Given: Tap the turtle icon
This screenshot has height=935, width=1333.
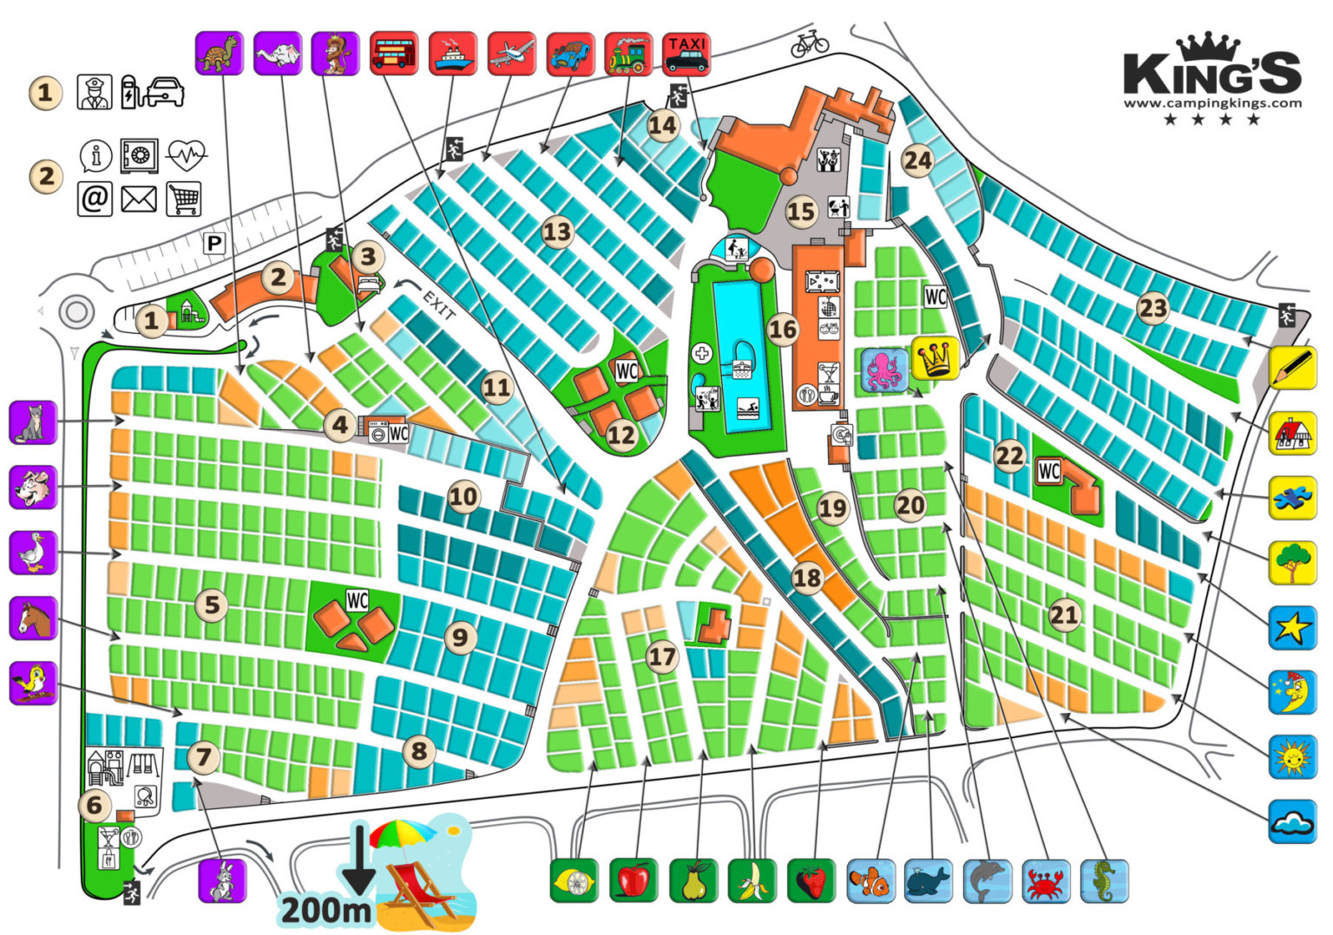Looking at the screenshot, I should [219, 54].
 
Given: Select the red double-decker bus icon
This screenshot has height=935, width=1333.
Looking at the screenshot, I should [394, 54].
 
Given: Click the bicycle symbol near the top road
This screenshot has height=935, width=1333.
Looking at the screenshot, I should [809, 43].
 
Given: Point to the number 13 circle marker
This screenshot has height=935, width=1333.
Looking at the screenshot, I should [557, 232].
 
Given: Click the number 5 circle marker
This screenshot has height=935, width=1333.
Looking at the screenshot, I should [212, 605].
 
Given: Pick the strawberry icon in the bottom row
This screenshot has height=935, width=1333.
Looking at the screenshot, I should [811, 880].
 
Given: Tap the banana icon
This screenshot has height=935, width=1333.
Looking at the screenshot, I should [752, 880].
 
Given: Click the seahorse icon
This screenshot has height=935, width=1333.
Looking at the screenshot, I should [1105, 880].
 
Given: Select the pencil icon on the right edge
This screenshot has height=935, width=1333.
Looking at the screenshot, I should [1292, 367].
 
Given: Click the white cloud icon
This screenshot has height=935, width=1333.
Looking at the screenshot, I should [1292, 821].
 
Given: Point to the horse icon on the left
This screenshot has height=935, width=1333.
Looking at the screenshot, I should [33, 618].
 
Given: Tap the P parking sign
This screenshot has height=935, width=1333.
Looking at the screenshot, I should [213, 244].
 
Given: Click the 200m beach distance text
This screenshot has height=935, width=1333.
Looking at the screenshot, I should [325, 909].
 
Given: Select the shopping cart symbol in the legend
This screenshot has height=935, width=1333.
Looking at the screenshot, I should [183, 199].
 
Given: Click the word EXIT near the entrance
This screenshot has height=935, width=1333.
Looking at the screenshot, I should [438, 304].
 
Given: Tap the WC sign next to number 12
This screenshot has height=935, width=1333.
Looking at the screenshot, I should [627, 371].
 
